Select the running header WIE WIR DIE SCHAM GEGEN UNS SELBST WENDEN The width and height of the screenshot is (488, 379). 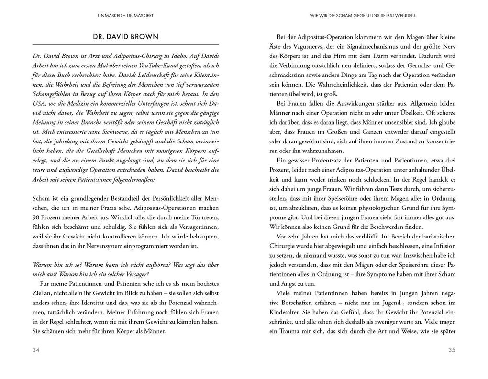point(363,15)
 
